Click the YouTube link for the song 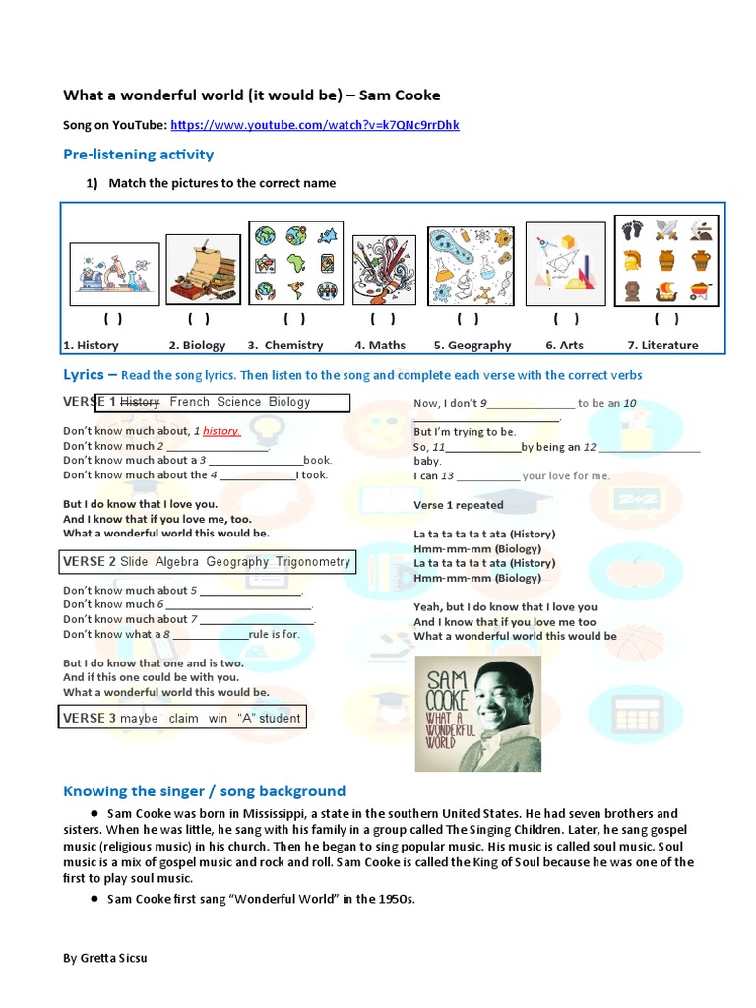[x=314, y=125]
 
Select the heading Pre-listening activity [x=138, y=154]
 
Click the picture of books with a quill [x=203, y=270]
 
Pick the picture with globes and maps [x=296, y=263]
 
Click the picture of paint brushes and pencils [x=384, y=269]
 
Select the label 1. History [x=91, y=345]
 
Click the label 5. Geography [x=472, y=345]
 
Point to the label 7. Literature [x=662, y=345]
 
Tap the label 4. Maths [x=380, y=345]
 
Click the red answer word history [x=221, y=431]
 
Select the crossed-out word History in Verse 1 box [x=140, y=402]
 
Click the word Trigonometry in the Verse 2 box [x=312, y=562]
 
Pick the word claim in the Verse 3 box [x=183, y=719]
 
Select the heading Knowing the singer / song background [x=204, y=790]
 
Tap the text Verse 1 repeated [x=458, y=505]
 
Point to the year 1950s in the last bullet [x=394, y=899]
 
